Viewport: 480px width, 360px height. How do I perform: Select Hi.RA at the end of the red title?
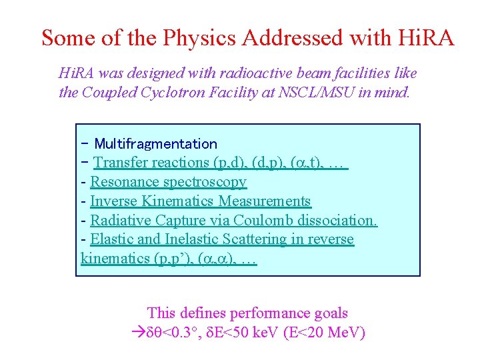click(426, 37)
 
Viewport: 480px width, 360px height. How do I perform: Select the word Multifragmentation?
click(155, 143)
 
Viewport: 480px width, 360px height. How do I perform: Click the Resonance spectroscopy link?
click(168, 181)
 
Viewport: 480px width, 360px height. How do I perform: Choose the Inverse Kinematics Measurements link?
click(200, 201)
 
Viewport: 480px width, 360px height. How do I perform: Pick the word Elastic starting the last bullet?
click(111, 239)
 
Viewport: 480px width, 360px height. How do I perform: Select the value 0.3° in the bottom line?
click(179, 333)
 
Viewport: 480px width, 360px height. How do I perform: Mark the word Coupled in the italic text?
click(106, 93)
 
